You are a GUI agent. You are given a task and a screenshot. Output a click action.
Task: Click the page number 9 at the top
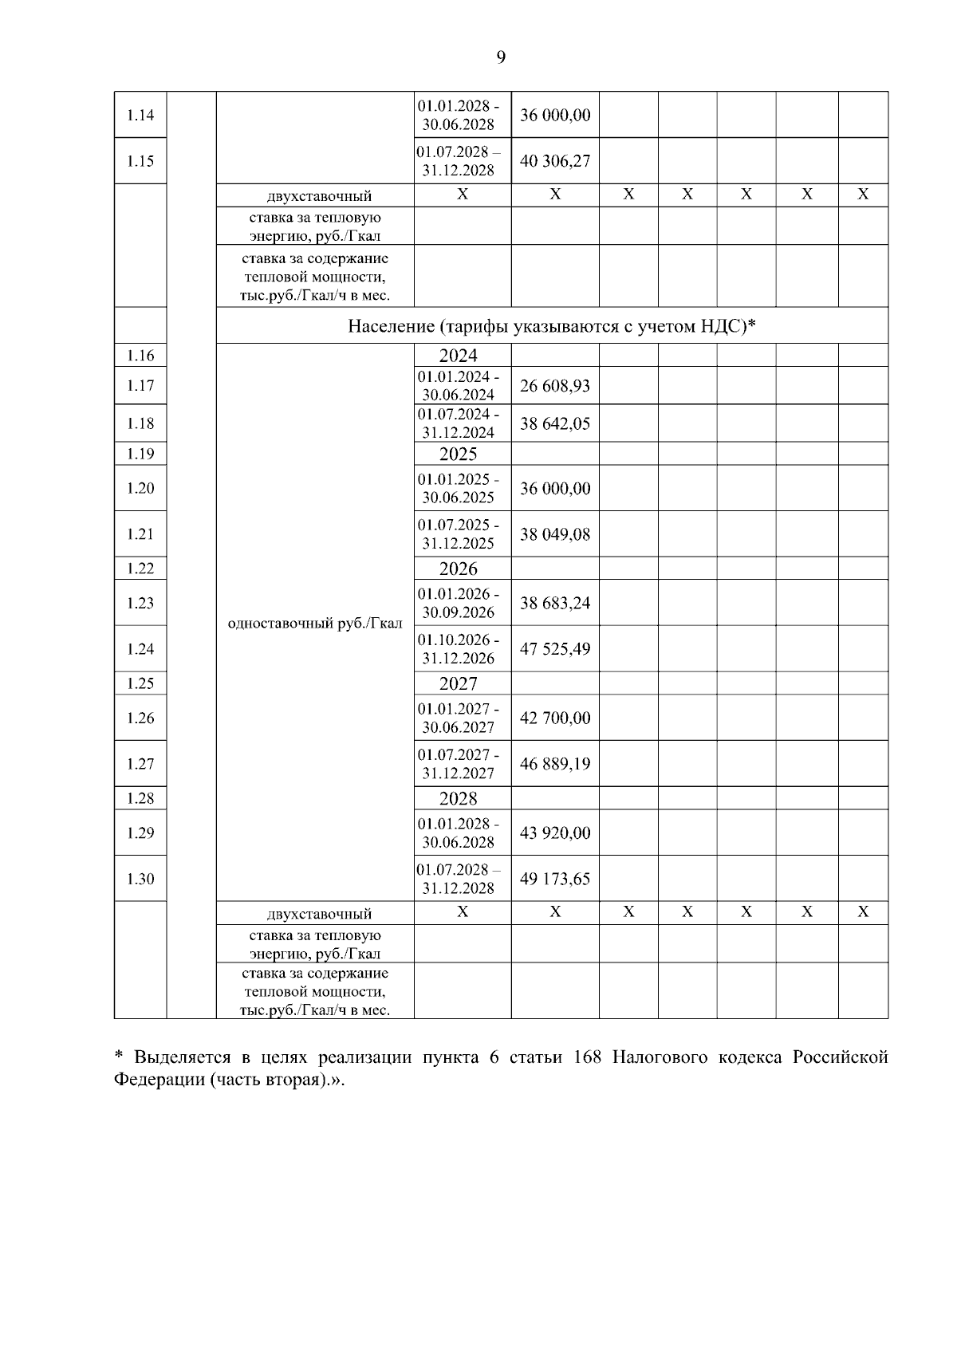click(500, 57)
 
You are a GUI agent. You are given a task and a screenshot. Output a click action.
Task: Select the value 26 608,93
click(555, 386)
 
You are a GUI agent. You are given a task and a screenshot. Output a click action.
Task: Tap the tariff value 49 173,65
click(555, 879)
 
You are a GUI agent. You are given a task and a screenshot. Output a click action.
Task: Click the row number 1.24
click(140, 649)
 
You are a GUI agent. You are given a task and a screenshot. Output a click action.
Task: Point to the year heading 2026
click(459, 569)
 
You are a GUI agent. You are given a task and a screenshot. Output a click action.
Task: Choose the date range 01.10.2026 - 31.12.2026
click(459, 649)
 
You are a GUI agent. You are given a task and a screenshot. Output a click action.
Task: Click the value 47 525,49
click(555, 649)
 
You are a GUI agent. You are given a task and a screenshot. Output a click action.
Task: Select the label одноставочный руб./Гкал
click(315, 624)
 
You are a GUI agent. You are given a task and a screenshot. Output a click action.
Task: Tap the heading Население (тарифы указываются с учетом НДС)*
click(552, 326)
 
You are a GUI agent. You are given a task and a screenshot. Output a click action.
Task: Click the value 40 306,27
click(555, 161)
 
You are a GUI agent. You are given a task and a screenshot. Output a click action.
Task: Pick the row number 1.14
click(140, 115)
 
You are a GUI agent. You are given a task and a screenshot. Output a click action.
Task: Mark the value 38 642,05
click(555, 423)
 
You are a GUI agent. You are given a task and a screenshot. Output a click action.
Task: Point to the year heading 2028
click(459, 798)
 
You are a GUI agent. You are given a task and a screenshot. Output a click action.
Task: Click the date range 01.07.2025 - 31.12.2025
click(459, 534)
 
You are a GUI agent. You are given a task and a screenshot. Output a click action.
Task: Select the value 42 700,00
click(555, 718)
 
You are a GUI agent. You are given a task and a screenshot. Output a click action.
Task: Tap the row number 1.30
click(140, 879)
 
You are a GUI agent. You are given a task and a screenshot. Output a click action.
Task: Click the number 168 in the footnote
click(588, 1058)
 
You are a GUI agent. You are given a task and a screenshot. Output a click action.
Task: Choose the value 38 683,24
click(555, 603)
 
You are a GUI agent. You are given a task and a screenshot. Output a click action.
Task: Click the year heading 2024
click(459, 356)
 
